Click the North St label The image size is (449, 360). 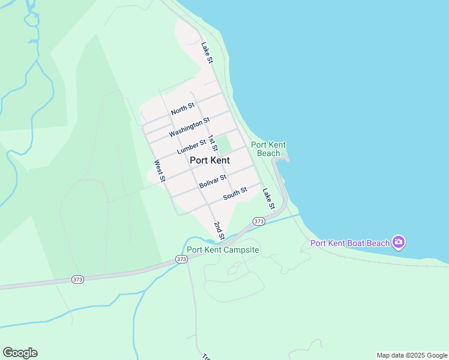182,109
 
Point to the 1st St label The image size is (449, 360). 213,144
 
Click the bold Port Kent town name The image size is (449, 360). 209,160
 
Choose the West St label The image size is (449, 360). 160,170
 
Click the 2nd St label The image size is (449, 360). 219,230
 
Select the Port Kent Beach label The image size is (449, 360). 268,149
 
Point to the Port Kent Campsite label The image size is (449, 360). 223,250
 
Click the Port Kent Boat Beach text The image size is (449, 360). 349,243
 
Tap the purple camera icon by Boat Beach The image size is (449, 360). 399,242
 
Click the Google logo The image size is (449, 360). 20,353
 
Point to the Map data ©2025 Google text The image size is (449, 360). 412,355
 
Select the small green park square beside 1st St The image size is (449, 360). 224,145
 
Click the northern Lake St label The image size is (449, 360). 207,52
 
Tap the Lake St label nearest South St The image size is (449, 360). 268,199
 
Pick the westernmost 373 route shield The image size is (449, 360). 77,280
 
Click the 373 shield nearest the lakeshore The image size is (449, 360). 259,221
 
